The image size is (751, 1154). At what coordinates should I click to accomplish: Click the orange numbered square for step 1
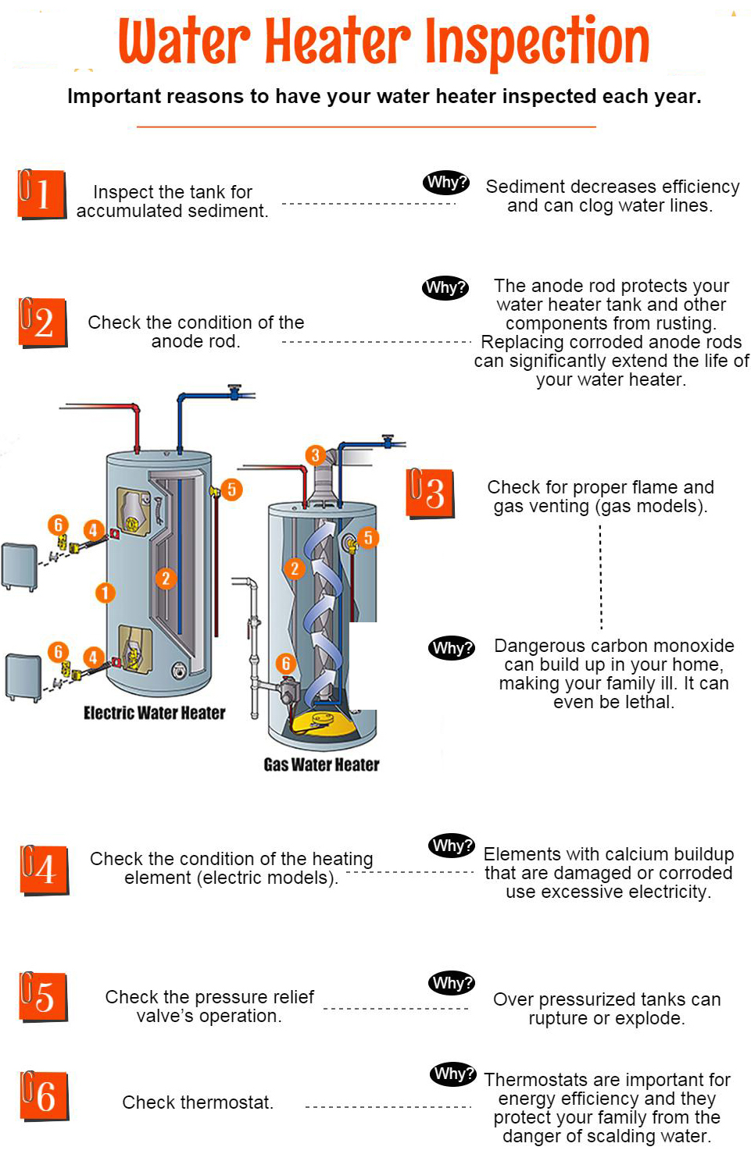tap(41, 194)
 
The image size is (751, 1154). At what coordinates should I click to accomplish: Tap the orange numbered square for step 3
tap(430, 493)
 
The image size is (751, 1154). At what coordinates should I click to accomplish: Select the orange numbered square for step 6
tap(44, 1095)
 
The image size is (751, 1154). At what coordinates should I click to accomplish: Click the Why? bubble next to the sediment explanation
tap(447, 183)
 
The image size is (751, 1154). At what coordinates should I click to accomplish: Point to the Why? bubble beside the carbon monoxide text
tap(452, 647)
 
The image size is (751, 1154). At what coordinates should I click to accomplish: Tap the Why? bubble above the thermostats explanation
tap(452, 1074)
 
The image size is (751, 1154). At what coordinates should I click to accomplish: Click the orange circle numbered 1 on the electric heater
tap(105, 593)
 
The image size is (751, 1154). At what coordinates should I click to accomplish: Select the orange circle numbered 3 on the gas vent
tap(315, 455)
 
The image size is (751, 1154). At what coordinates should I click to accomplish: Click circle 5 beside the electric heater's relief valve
tap(231, 490)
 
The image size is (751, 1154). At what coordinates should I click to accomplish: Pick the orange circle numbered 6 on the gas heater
tap(286, 664)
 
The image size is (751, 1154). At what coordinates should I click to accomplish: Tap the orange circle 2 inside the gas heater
tap(295, 568)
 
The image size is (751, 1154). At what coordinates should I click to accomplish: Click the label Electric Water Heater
tap(154, 713)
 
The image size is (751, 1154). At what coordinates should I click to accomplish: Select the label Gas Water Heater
tap(321, 764)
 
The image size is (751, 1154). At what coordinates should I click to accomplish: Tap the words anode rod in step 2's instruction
tap(195, 341)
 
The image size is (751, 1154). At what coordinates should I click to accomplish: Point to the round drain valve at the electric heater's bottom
tap(180, 670)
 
